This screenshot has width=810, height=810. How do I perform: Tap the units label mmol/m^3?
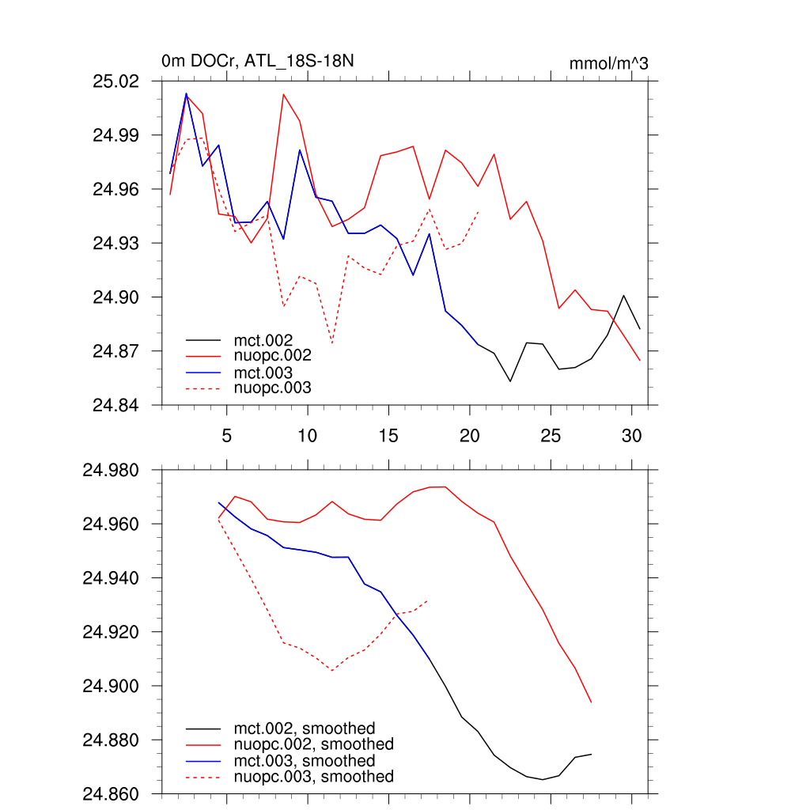point(608,63)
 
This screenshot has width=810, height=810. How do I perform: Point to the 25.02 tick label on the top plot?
point(116,81)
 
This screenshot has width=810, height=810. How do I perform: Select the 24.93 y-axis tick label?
point(116,243)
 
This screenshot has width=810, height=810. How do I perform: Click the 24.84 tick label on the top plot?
point(116,405)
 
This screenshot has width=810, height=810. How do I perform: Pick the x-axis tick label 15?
point(388,436)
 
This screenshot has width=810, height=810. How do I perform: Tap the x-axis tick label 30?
point(630,436)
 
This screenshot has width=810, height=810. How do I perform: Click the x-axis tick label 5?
point(226,436)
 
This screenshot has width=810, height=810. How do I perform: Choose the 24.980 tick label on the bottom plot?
point(112,471)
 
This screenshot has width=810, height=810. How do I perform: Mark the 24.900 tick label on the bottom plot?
point(112,686)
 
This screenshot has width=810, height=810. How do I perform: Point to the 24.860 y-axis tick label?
point(112,793)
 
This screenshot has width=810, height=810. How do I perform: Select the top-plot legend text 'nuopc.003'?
point(273,388)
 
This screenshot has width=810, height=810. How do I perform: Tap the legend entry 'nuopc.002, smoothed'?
point(313,744)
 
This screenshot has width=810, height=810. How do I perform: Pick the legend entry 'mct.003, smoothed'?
point(304,761)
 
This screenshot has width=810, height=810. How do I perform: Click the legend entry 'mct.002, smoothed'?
point(304,728)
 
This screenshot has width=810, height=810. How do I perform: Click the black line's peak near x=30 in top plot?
point(624,295)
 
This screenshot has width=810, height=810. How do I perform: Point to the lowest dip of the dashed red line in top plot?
point(331,343)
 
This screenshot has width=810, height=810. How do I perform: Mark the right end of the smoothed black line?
point(592,754)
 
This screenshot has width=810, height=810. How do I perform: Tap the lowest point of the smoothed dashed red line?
point(331,670)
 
